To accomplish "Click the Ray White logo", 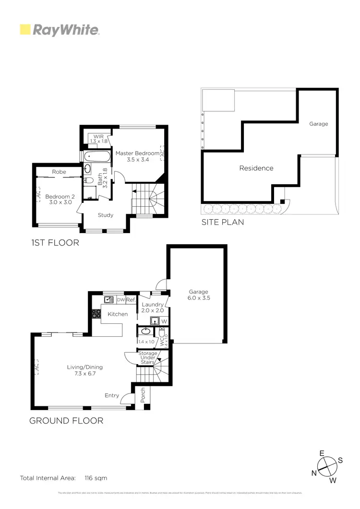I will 59,30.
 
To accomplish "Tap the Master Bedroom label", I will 137,156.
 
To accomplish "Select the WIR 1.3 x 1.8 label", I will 98,139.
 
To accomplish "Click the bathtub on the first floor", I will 96,156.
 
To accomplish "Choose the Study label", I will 105,215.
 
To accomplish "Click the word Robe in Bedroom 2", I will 59,171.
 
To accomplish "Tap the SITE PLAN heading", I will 223,222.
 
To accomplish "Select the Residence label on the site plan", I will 256,168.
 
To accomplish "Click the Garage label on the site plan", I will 318,124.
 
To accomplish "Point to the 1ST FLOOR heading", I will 54,243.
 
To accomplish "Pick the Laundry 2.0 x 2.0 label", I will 153,308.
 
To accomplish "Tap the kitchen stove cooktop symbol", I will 96,314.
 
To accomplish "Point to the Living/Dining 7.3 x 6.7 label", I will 84,370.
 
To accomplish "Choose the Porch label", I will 143,395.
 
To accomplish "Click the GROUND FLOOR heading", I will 66,421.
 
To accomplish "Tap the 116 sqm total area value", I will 96,478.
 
